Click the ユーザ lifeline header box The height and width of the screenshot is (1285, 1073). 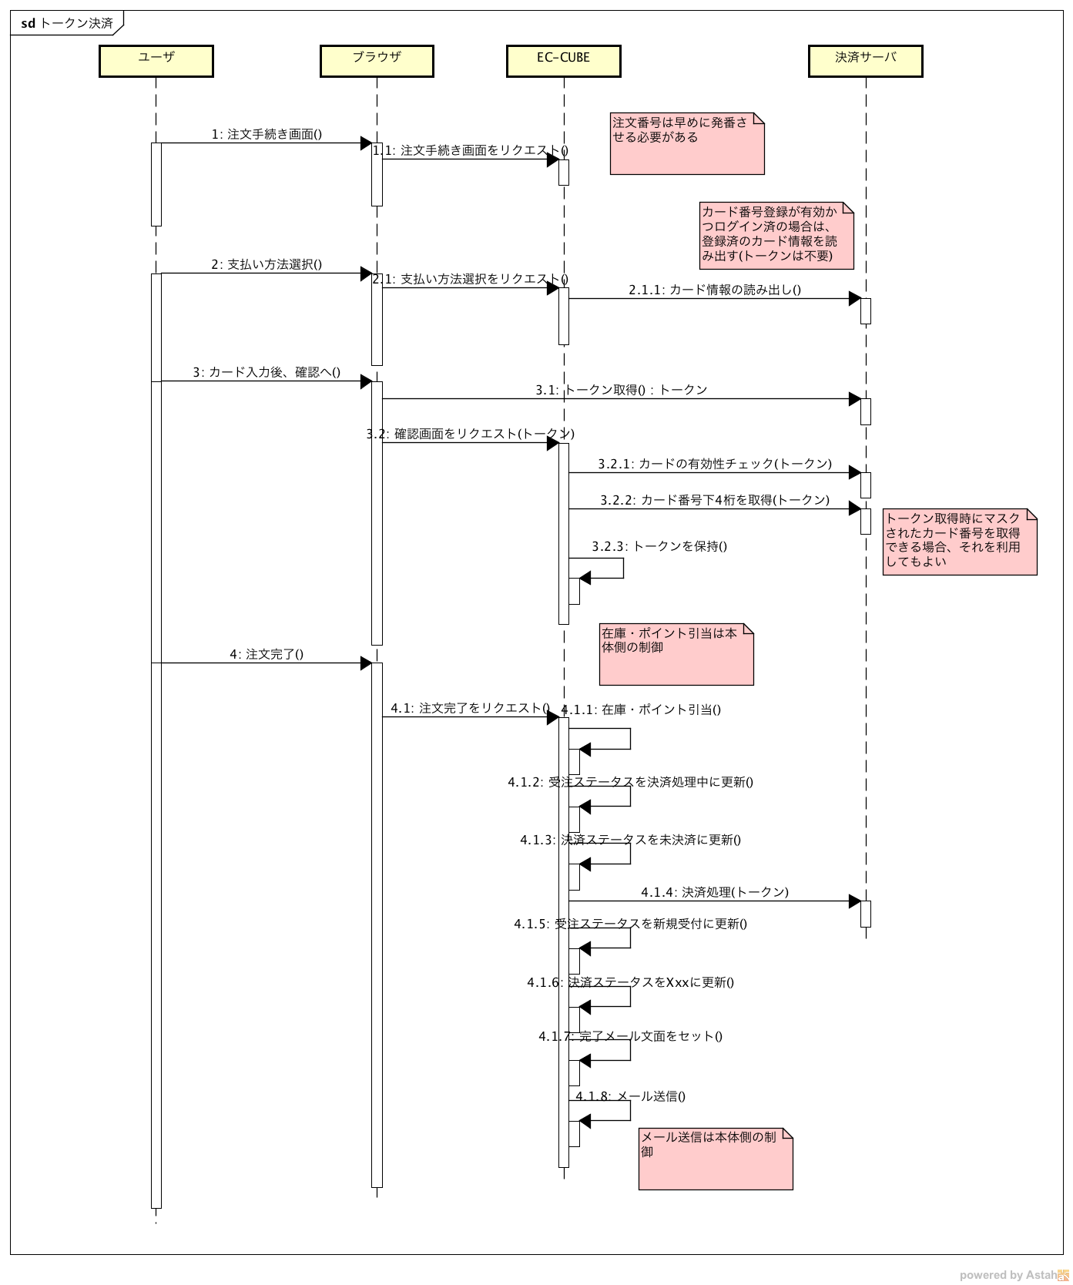click(156, 61)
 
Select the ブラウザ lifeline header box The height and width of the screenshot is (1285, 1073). click(377, 61)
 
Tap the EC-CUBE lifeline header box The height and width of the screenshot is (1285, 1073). click(563, 61)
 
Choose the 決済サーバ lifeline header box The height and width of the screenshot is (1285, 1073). click(865, 61)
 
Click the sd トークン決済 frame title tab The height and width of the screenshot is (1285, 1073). click(66, 23)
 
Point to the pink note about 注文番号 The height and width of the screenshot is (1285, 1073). click(686, 143)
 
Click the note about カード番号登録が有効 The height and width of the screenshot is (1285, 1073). click(776, 235)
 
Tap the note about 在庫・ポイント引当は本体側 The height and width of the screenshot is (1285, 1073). click(676, 654)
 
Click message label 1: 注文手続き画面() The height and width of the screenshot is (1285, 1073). click(267, 134)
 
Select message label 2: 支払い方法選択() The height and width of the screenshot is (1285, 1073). click(267, 264)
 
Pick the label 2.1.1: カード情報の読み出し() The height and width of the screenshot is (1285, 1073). click(714, 290)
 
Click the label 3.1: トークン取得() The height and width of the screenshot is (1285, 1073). click(621, 390)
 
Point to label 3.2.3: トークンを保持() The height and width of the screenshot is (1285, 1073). click(659, 546)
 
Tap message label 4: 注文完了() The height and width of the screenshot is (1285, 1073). click(267, 654)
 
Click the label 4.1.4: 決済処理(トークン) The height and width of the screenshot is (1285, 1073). click(714, 892)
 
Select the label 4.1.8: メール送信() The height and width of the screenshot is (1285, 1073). click(630, 1096)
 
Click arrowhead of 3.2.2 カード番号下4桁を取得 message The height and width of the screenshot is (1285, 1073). click(854, 508)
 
